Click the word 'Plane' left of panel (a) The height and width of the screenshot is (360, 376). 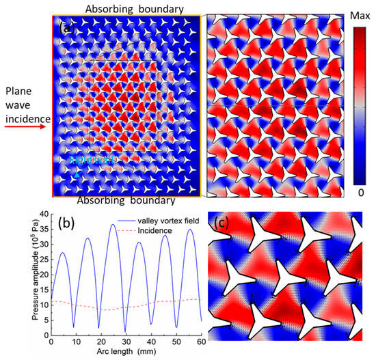pyautogui.click(x=17, y=90)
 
